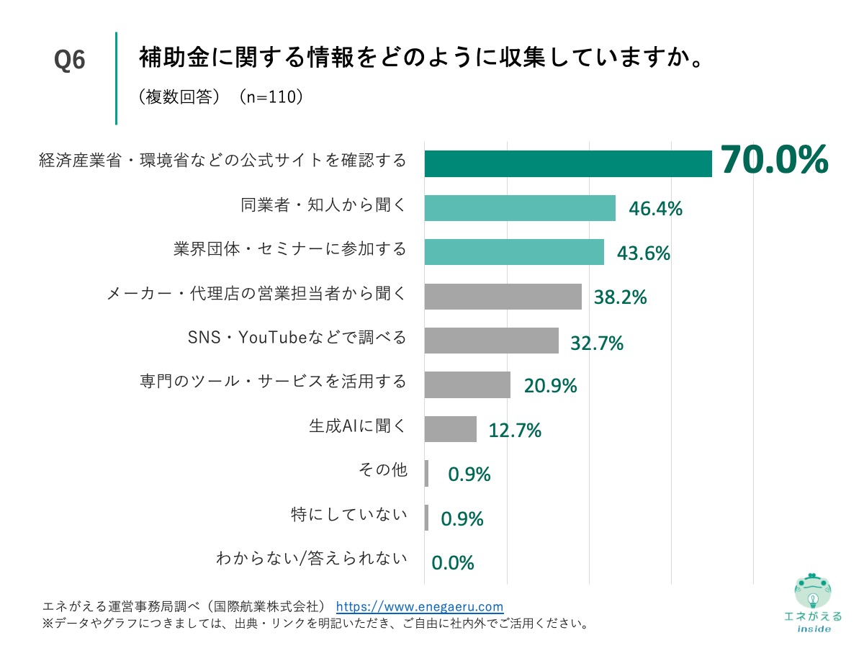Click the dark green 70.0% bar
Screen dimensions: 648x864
point(567,163)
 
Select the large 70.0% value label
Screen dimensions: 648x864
point(774,160)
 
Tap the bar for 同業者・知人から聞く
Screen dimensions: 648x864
point(519,208)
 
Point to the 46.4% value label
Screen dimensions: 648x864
point(655,209)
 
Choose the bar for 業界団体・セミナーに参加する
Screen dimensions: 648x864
point(513,252)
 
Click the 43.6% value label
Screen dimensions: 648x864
point(644,253)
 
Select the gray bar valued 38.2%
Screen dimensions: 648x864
point(503,297)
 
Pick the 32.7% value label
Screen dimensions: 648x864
point(597,343)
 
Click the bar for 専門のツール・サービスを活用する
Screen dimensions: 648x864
point(467,385)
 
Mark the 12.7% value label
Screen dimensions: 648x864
point(515,431)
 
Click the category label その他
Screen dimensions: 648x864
point(382,470)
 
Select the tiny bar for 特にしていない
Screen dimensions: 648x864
point(426,518)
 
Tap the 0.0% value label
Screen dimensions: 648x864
point(453,562)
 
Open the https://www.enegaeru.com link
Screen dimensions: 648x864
point(420,606)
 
